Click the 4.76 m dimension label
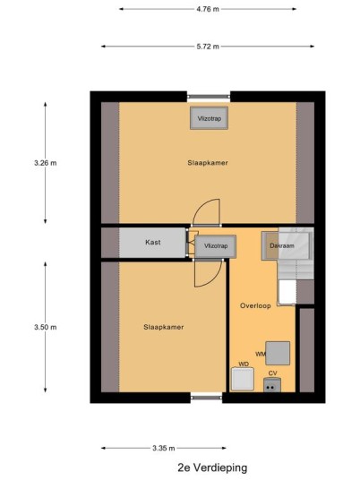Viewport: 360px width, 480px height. pos(208,9)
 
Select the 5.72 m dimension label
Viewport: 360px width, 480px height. pos(208,47)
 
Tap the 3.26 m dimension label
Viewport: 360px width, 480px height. pos(46,163)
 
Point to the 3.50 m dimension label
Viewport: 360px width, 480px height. pos(46,327)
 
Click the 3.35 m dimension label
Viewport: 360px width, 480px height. pos(164,448)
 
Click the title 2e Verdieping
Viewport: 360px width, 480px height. pos(212,467)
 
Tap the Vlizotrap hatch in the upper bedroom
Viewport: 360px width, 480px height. pos(209,118)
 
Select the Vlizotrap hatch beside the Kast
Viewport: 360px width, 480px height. pos(216,246)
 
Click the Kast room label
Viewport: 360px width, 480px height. pos(153,242)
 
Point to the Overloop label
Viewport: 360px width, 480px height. pos(255,305)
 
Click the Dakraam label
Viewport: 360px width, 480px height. pos(282,245)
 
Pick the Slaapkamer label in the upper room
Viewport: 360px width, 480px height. pos(208,163)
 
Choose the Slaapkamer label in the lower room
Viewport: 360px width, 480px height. pos(164,327)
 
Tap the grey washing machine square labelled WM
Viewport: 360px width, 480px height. pos(278,353)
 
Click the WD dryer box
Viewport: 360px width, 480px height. pos(243,379)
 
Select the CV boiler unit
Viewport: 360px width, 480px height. pos(272,385)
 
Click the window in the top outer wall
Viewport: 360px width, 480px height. pos(209,97)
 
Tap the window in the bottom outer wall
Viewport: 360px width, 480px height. pos(206,398)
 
